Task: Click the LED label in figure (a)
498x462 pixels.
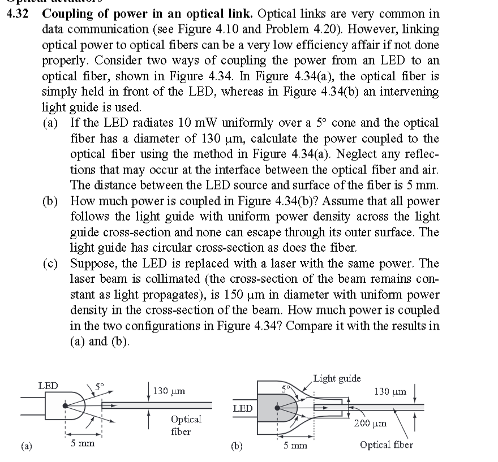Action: pyautogui.click(x=48, y=385)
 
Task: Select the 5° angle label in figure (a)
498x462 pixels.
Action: pyautogui.click(x=100, y=387)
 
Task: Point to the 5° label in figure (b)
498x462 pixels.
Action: pyautogui.click(x=287, y=389)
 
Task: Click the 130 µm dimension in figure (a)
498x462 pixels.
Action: pyautogui.click(x=168, y=391)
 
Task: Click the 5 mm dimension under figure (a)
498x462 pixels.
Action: pyautogui.click(x=82, y=444)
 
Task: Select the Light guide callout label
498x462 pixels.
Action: pyautogui.click(x=337, y=378)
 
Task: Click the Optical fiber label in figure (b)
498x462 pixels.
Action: pyautogui.click(x=387, y=444)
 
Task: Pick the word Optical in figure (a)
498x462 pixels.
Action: pyautogui.click(x=186, y=419)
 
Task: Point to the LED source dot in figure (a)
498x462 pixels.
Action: pyautogui.click(x=67, y=405)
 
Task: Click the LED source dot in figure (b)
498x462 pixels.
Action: pyautogui.click(x=277, y=407)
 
